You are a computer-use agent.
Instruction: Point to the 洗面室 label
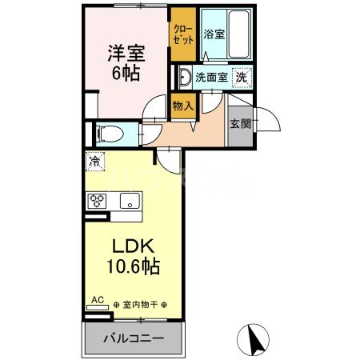point(212,78)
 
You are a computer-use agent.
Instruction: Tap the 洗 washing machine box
point(241,78)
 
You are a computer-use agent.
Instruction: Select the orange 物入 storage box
point(182,106)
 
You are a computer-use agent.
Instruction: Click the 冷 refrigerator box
point(95,160)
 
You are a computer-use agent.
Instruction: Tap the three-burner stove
point(98,200)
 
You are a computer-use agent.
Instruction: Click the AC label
point(97,300)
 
